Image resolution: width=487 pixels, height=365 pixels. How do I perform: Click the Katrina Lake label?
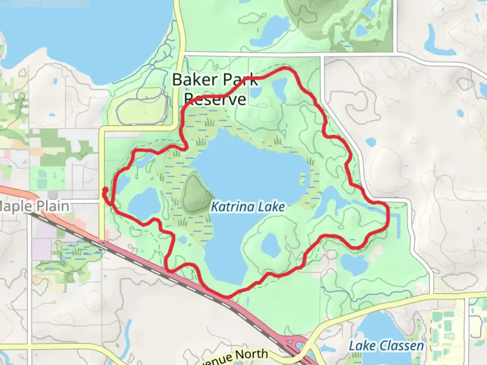pos(248,206)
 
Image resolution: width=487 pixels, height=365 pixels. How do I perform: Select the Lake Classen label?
pos(386,346)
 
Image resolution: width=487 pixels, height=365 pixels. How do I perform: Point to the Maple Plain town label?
pos(34,206)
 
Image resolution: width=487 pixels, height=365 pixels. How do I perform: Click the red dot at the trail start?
pos(105,190)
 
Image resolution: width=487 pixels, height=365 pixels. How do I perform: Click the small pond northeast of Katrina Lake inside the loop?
pos(279,87)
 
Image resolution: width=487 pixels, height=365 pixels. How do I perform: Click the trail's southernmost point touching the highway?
pos(226,296)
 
